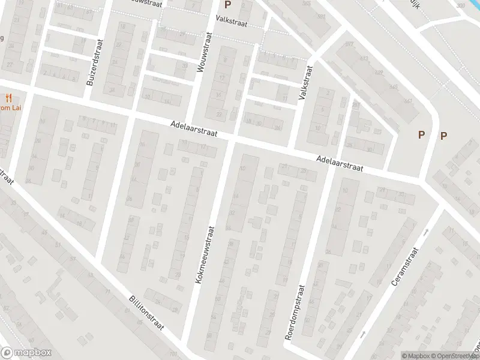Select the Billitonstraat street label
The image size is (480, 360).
click(x=151, y=316)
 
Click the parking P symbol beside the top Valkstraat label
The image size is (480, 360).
click(x=227, y=4)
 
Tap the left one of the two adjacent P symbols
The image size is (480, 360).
click(x=422, y=136)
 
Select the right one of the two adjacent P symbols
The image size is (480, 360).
click(x=444, y=136)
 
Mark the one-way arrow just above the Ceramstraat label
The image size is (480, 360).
click(x=426, y=231)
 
